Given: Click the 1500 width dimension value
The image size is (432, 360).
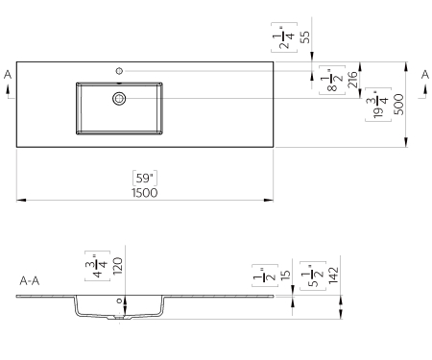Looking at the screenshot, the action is [145, 193].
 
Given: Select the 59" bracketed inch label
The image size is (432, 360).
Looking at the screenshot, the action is [145, 179].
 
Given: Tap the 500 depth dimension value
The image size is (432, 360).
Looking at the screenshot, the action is [399, 105].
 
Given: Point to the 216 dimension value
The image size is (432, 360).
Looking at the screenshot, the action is [352, 80].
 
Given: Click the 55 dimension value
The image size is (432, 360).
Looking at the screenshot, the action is [305, 36].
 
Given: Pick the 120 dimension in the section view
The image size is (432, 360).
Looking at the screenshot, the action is [118, 266].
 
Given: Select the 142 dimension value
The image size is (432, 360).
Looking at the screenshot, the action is [333, 276].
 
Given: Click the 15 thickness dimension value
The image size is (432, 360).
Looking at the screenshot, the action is [285, 276].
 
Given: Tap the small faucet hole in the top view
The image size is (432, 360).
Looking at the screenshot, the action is [119, 71].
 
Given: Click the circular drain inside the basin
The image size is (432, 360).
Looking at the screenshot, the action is [119, 99].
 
